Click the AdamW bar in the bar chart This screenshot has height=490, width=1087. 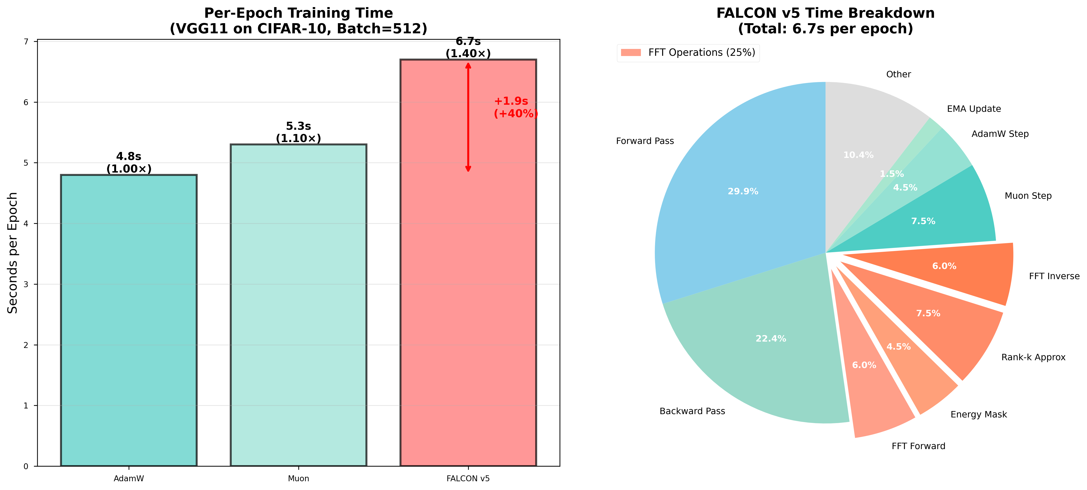coord(129,321)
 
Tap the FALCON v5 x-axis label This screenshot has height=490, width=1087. coord(468,479)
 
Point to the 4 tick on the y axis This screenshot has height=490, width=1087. coord(26,224)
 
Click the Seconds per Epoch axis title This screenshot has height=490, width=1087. coord(13,253)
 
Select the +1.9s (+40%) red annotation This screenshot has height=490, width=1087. coord(515,107)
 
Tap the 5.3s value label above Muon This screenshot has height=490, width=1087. coord(298,126)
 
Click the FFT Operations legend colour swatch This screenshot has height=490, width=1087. coord(631,52)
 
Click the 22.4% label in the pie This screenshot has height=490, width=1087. coord(770,338)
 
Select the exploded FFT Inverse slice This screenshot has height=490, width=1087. coord(962,270)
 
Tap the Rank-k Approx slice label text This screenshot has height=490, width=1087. coord(1033,357)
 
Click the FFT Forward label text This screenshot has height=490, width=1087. coord(918,446)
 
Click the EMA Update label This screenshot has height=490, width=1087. coord(974,109)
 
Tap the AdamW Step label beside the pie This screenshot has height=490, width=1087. coord(1000,134)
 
